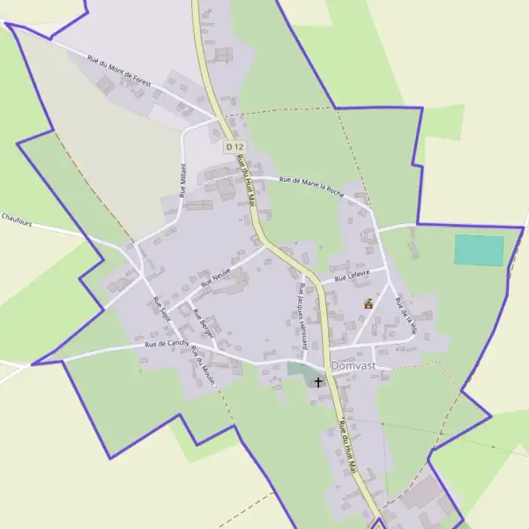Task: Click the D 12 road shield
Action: pos(234,145)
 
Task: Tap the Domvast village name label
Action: pos(355,365)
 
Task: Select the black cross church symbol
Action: pos(317,382)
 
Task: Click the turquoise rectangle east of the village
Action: pos(479,250)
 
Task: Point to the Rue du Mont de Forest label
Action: pos(119,71)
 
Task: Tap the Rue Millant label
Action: pos(183,179)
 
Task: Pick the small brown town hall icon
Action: pos(369,304)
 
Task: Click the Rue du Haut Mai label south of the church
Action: pos(347,451)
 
